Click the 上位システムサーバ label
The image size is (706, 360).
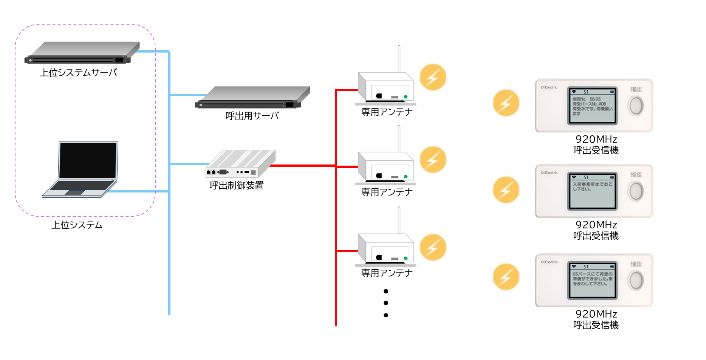79,72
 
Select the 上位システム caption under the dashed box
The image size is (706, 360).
77,225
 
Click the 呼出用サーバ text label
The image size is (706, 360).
252,116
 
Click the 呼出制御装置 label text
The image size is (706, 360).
237,185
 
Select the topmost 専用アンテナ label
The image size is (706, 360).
387,112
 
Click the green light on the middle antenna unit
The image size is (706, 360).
406,177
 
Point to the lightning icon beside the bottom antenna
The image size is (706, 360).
433,247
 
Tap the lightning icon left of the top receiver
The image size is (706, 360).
506,103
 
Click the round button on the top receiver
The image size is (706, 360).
636,106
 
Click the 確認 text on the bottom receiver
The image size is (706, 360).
636,264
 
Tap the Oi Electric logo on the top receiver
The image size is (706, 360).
549,87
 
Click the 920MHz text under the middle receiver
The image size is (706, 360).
596,225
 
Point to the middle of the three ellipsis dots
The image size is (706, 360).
386,303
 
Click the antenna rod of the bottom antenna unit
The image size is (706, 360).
399,220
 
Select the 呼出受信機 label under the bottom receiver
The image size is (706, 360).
596,325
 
